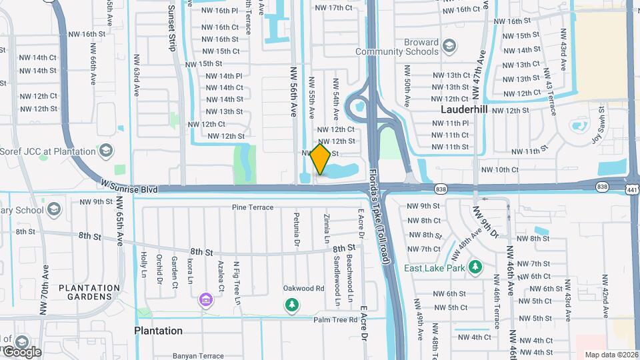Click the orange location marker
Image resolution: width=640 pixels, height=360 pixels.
[321, 159]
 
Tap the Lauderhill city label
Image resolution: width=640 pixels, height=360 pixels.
[465, 109]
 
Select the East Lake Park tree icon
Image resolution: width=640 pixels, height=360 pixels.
[475, 268]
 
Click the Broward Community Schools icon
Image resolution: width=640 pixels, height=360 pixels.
[449, 46]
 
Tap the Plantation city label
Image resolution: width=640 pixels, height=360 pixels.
[159, 331]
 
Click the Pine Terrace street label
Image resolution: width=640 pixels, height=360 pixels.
[253, 207]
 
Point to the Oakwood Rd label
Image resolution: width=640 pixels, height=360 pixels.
[303, 289]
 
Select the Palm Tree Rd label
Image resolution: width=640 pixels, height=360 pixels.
[336, 320]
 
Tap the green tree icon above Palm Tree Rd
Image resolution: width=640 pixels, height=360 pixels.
[291, 305]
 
